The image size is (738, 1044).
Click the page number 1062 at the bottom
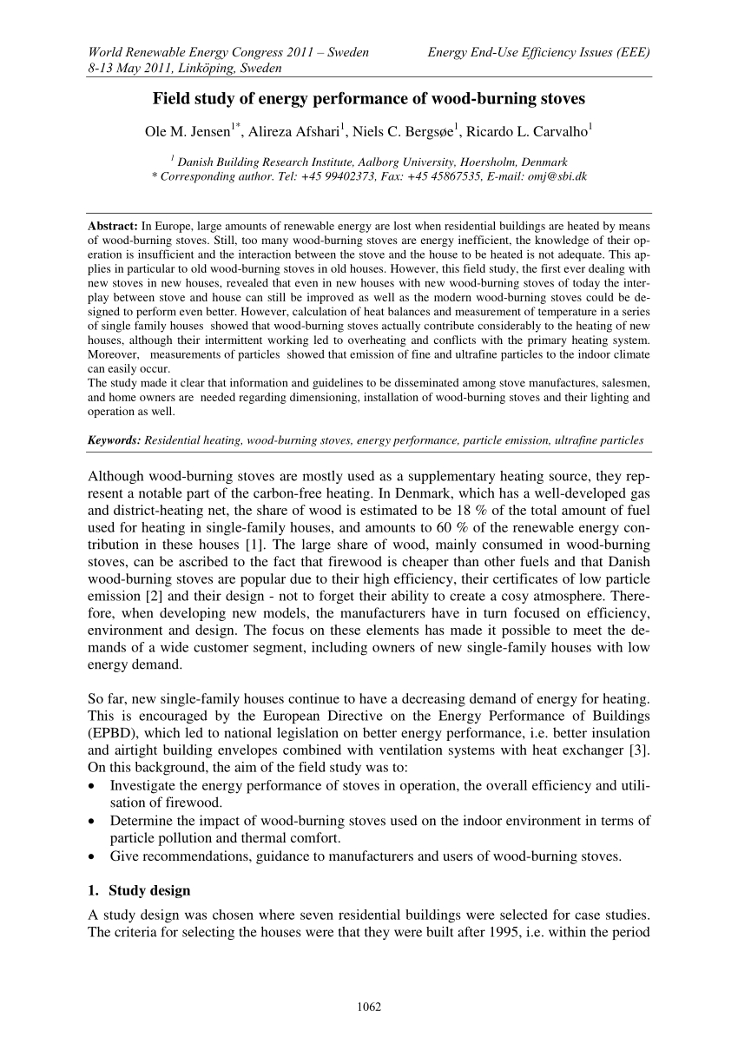click(370, 1007)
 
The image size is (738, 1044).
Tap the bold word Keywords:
click(115, 440)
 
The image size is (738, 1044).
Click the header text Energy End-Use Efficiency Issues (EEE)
click(539, 53)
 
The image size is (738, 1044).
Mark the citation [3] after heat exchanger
click(643, 750)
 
